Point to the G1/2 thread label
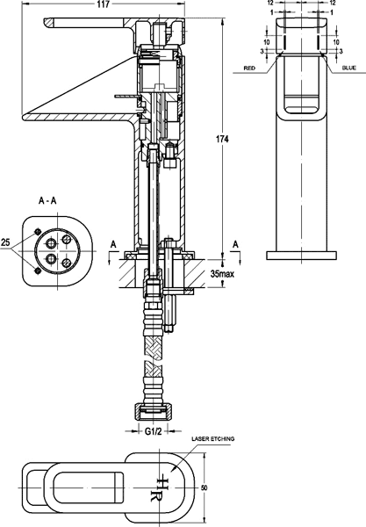pos(153,431)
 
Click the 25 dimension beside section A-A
pos(6,242)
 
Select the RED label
pos(250,67)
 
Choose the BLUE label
pos(348,67)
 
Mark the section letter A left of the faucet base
pos(111,243)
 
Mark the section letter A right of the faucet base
pos(235,243)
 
